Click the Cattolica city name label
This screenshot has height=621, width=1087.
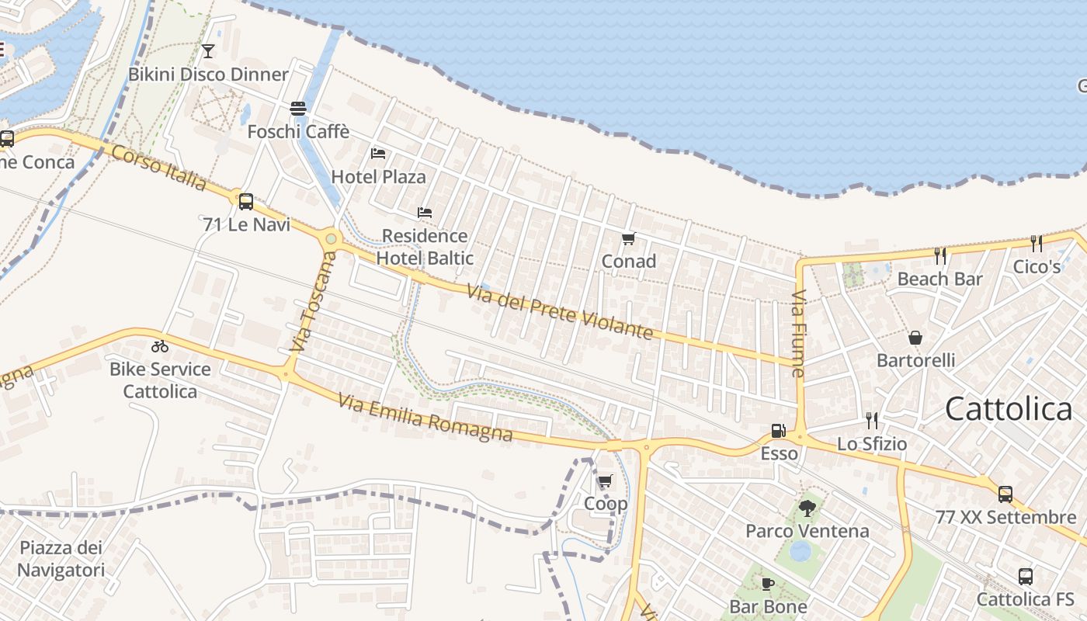(x=1008, y=408)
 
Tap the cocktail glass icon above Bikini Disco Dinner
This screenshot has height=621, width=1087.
(x=208, y=51)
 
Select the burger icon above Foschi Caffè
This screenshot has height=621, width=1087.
(x=298, y=108)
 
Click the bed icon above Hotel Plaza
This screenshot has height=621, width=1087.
(x=378, y=153)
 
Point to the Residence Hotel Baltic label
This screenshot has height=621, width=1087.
(x=425, y=246)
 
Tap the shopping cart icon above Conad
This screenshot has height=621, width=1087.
(x=629, y=238)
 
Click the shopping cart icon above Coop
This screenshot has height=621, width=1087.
(x=606, y=480)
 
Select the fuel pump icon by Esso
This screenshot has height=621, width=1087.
(x=778, y=431)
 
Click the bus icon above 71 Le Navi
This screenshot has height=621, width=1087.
(x=246, y=202)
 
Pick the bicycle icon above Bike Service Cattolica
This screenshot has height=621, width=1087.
(x=160, y=346)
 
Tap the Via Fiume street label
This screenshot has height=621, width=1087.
(x=799, y=334)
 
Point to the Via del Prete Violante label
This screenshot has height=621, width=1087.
(x=559, y=312)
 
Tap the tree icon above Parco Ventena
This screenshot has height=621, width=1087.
(x=807, y=508)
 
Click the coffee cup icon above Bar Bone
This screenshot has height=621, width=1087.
(x=768, y=584)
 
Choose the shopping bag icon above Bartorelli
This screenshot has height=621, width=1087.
(x=915, y=338)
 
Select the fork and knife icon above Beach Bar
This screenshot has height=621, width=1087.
(x=940, y=255)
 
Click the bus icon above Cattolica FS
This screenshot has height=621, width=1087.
(x=1026, y=577)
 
